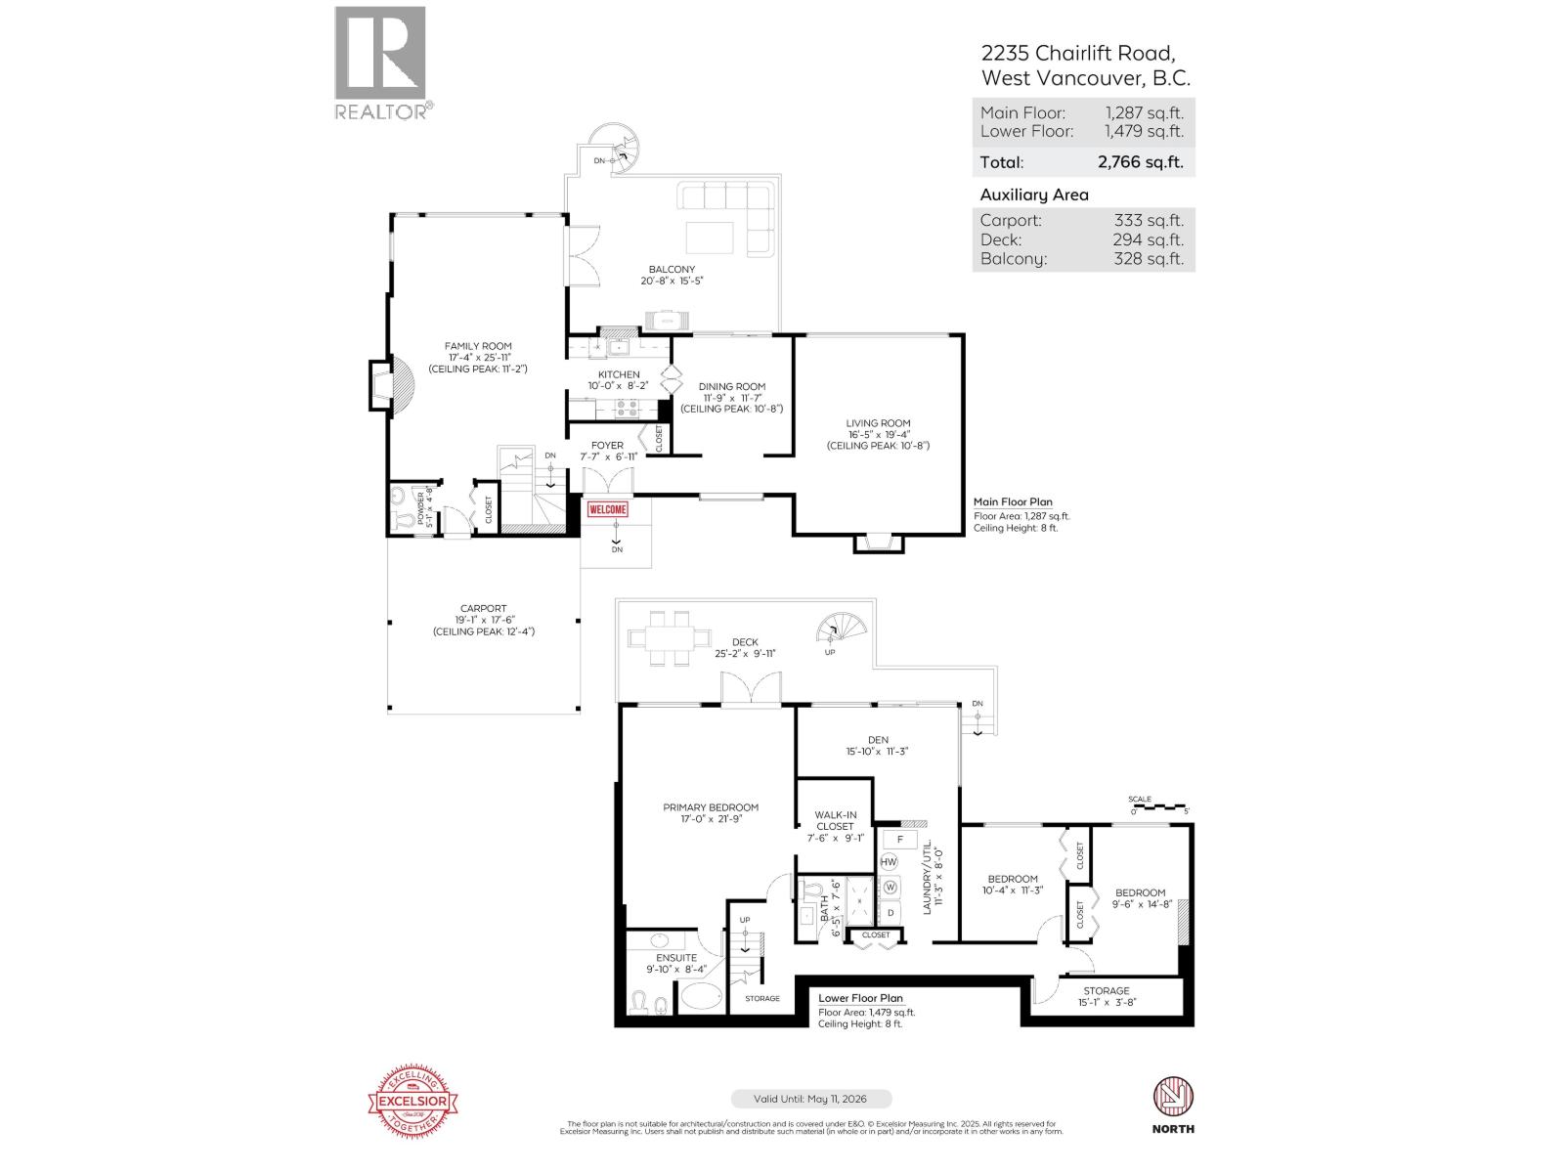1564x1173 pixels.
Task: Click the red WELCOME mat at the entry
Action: coord(607,509)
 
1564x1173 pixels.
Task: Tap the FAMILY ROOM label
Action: coord(478,346)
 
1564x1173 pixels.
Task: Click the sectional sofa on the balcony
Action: coord(727,215)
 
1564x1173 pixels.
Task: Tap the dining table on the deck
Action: coord(669,638)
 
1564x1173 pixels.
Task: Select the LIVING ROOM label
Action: coord(878,423)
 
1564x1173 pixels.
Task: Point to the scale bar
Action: coord(1159,807)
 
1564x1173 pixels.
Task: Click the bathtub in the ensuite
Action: coord(699,997)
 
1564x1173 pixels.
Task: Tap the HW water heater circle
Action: coord(889,862)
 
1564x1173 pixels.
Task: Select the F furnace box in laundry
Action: coord(899,840)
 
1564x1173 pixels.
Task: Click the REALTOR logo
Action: coord(381,63)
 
